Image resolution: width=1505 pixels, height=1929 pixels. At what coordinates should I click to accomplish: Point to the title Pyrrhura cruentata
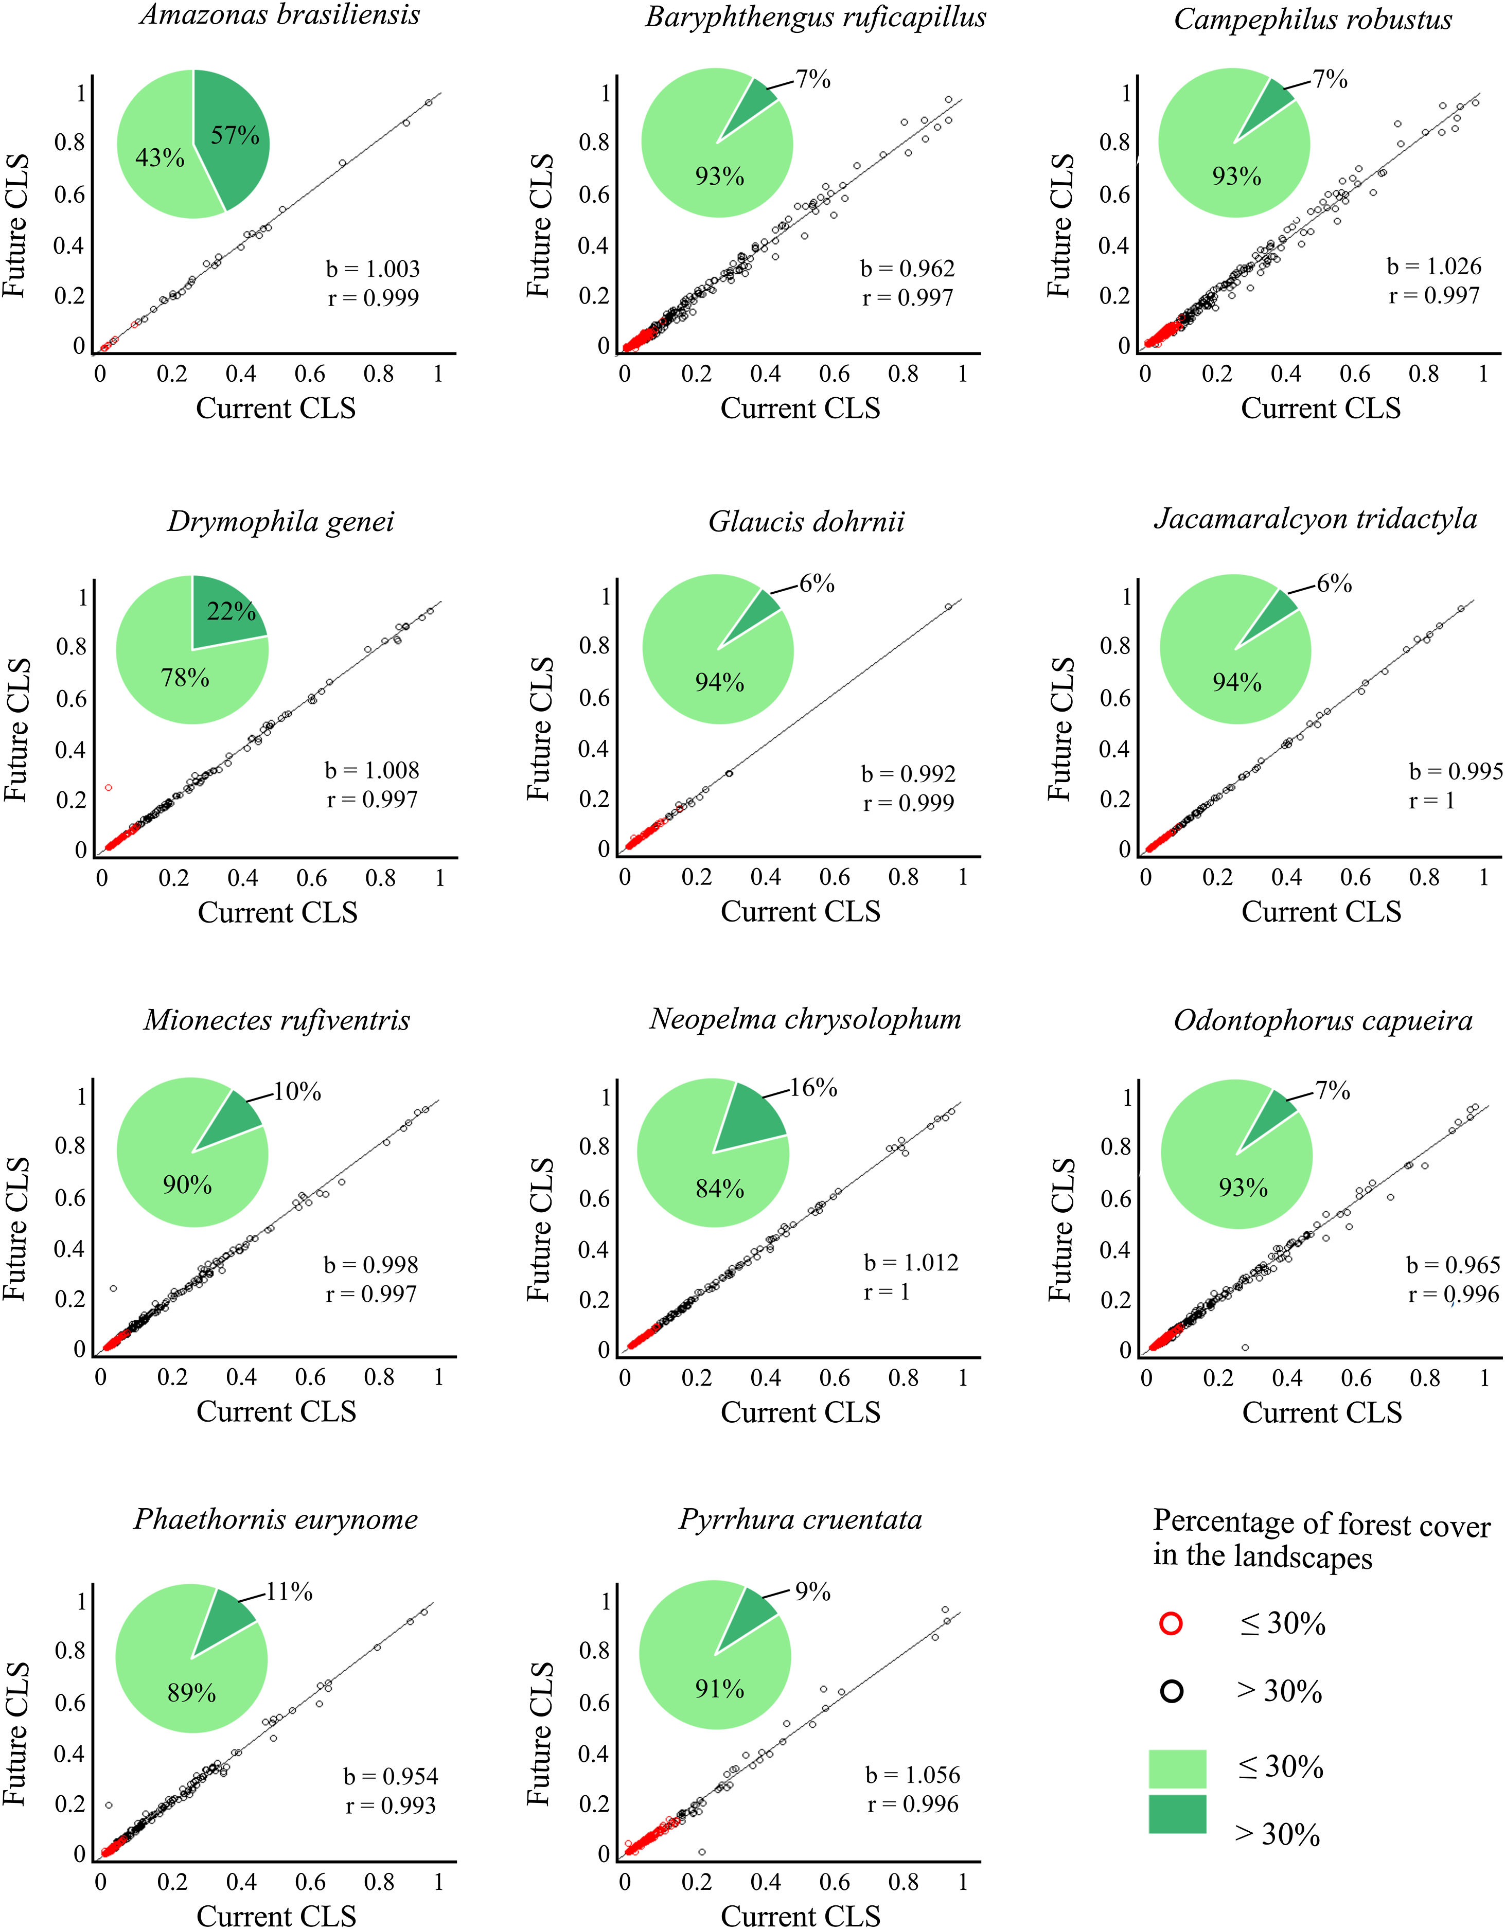click(x=800, y=1519)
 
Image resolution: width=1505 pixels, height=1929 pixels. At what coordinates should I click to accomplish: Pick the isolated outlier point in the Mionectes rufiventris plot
click(x=113, y=1288)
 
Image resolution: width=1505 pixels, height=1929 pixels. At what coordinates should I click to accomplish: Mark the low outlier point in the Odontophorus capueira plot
click(x=1245, y=1348)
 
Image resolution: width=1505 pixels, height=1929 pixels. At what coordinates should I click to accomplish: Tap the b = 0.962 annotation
click(x=908, y=269)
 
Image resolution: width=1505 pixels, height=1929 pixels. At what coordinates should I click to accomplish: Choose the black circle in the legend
click(x=1171, y=1691)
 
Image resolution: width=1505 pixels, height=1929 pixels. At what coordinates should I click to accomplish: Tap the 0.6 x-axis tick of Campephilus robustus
click(x=1355, y=374)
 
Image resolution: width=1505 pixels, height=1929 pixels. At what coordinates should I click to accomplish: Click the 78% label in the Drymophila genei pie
click(x=185, y=678)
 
